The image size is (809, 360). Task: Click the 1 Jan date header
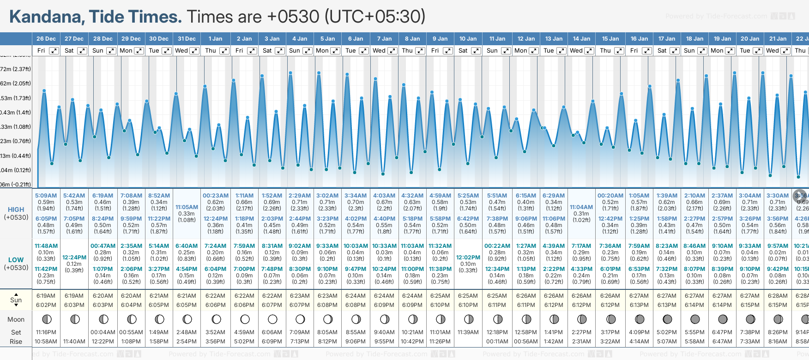[215, 39]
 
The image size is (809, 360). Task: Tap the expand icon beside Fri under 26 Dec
[54, 51]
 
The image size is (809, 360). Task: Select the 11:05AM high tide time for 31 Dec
[187, 207]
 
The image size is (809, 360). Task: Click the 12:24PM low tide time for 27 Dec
[74, 258]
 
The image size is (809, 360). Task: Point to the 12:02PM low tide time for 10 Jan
[468, 258]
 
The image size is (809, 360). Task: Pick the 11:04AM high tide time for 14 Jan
[581, 207]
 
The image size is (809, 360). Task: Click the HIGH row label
[16, 210]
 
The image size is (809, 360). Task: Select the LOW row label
[16, 260]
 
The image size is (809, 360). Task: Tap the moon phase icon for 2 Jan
[245, 319]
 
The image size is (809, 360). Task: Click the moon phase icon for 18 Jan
[694, 319]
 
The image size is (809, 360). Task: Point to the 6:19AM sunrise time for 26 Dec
[46, 296]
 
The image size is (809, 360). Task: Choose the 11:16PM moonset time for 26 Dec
[46, 332]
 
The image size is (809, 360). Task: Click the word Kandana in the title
[46, 17]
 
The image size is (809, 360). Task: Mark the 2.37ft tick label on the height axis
[16, 69]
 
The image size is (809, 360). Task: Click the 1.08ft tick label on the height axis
[16, 127]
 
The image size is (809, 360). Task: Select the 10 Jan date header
[468, 39]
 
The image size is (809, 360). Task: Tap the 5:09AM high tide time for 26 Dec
[46, 196]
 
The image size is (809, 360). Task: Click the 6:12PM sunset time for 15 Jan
[610, 305]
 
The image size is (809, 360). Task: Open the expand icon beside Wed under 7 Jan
[392, 51]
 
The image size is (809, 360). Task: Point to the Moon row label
[16, 319]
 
